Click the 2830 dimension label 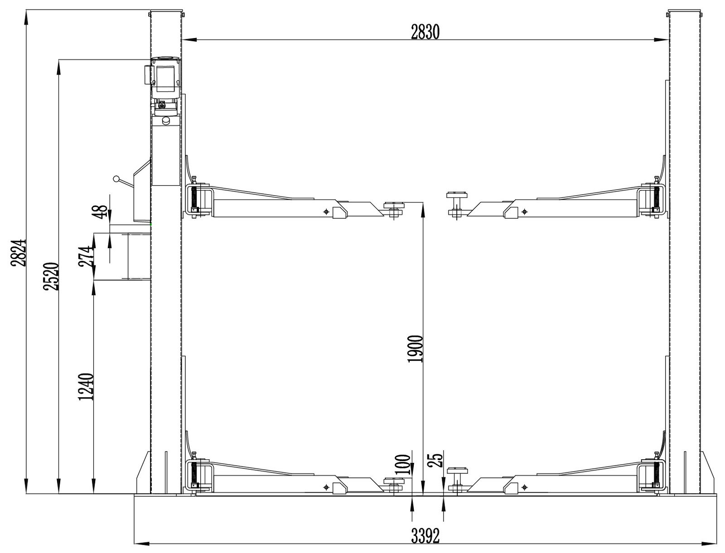click(x=425, y=32)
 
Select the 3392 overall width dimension click(x=425, y=536)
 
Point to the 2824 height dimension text click(x=18, y=253)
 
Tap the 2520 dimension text click(x=51, y=276)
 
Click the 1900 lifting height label click(x=415, y=349)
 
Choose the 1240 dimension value click(x=86, y=387)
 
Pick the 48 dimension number click(x=101, y=212)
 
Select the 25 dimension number click(x=435, y=460)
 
